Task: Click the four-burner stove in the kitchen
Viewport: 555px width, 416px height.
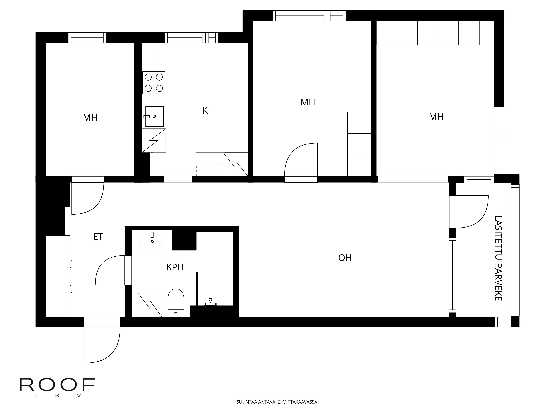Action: click(x=154, y=83)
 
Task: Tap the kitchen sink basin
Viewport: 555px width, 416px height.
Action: click(x=155, y=117)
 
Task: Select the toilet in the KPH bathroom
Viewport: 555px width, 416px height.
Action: click(x=176, y=303)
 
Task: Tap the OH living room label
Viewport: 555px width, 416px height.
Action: click(x=345, y=258)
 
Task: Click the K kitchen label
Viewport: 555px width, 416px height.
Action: click(x=205, y=111)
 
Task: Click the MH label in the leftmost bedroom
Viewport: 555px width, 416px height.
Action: click(x=90, y=118)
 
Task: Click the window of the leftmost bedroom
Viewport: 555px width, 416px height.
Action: click(x=87, y=38)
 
